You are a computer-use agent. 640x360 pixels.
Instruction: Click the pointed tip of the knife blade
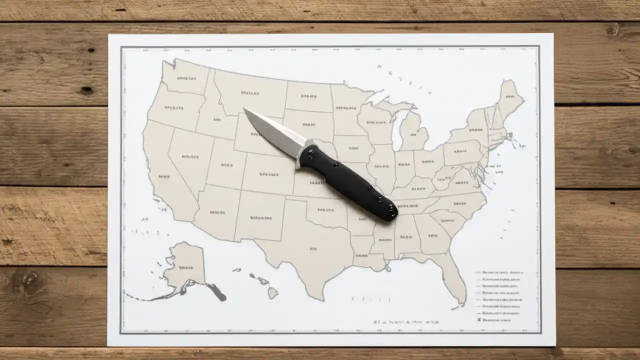245,109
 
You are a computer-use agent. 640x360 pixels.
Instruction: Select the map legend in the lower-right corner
500,295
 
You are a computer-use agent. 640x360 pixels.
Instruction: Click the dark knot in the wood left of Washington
87,90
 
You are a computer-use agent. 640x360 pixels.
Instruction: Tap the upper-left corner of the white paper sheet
109,35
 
